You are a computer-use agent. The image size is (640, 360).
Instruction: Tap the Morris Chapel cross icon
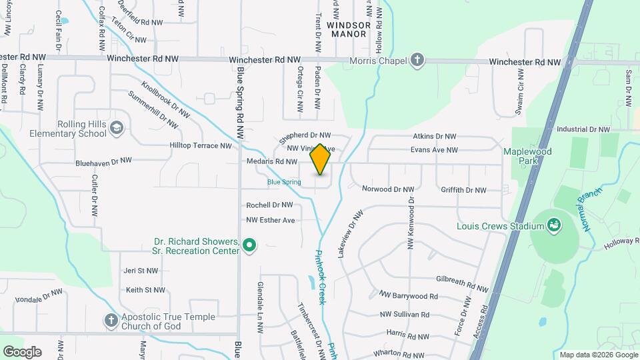point(417,61)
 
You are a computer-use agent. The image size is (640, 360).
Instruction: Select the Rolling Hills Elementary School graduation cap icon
point(117,127)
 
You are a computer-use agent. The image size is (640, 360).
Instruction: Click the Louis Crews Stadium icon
point(553,226)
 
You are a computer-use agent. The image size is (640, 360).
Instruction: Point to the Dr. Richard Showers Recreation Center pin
point(249,246)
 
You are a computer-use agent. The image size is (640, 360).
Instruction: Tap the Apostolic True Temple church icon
point(111,321)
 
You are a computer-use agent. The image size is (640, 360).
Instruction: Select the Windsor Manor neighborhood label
point(347,29)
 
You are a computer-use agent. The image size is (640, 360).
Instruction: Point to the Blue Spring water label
point(284,181)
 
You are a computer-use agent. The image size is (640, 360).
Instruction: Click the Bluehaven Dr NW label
point(103,161)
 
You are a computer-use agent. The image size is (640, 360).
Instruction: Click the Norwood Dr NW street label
point(388,189)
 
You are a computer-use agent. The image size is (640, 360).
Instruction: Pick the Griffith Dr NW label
point(463,190)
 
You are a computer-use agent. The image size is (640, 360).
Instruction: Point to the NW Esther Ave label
point(270,220)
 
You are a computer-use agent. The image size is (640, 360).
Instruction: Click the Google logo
point(22,352)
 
